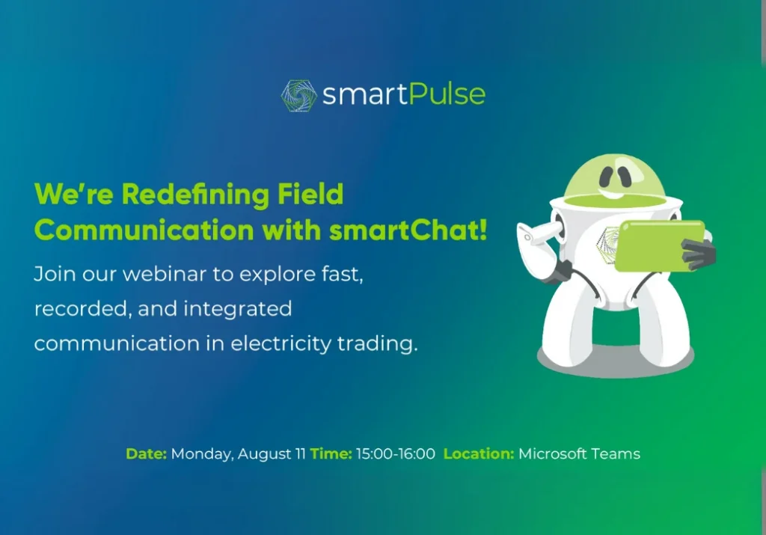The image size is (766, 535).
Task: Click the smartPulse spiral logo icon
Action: coord(298,95)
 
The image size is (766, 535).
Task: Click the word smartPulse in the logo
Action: coord(404,95)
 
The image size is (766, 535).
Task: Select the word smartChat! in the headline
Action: coord(408,230)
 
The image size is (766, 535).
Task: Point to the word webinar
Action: coord(166,273)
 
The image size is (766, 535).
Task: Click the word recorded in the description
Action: coord(71,308)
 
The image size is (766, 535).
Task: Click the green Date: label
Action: coord(146,453)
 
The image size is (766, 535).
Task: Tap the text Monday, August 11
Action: coord(238,453)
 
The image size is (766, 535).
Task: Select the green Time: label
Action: coord(331,453)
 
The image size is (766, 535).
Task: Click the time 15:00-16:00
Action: coord(395,453)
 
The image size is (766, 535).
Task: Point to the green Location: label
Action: coord(479,453)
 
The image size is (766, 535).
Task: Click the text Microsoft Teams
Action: coord(579,453)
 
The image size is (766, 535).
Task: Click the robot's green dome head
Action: coord(619,176)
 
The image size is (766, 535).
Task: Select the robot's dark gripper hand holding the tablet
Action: coord(699,254)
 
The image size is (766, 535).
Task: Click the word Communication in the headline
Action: coord(143,230)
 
